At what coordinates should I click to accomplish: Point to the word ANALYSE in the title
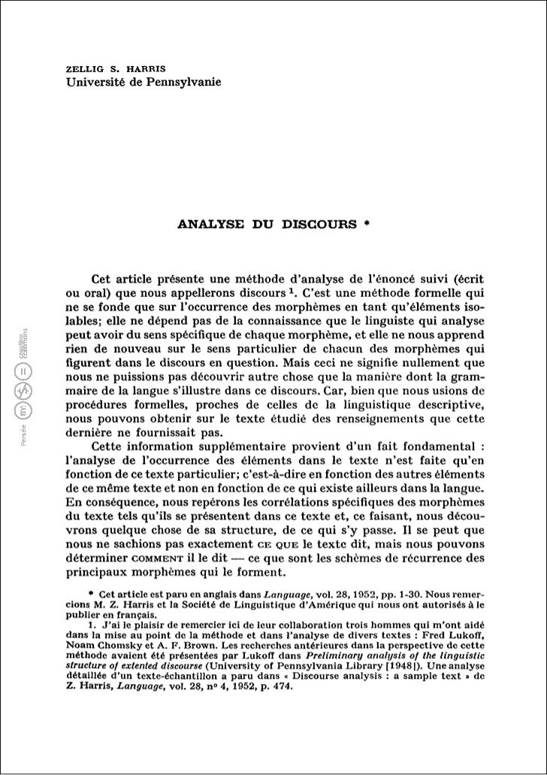pyautogui.click(x=211, y=223)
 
